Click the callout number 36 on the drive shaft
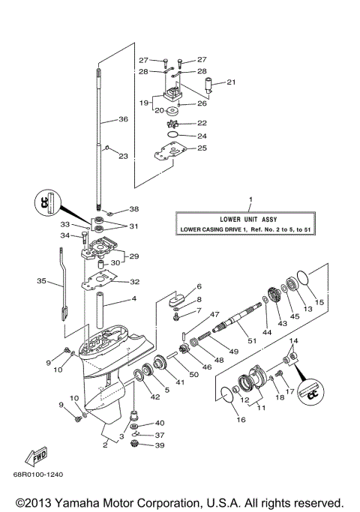click(123, 119)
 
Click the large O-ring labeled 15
click(304, 280)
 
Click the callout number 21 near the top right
click(231, 82)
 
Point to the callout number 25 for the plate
click(202, 148)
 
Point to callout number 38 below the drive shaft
click(133, 209)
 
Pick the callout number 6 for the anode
click(199, 286)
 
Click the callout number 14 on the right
click(293, 341)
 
